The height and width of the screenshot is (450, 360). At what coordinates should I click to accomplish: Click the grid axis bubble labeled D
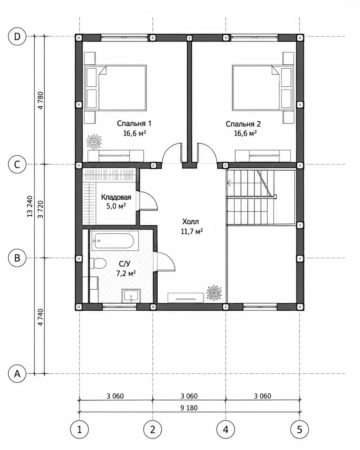[17, 37]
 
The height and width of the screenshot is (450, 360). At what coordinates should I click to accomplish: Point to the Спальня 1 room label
[134, 124]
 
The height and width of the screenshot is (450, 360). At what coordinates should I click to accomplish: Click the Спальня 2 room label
[243, 124]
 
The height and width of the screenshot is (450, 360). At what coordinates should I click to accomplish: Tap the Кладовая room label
[116, 197]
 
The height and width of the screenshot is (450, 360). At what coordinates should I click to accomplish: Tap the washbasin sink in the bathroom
[131, 296]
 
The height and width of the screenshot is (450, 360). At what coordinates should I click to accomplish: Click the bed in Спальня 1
[116, 88]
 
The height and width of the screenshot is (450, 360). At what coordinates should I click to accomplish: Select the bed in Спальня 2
[262, 88]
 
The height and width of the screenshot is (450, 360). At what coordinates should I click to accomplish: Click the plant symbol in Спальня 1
[94, 142]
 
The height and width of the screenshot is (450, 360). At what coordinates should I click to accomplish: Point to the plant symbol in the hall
[214, 293]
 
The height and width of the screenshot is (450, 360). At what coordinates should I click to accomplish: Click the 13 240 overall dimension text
[30, 206]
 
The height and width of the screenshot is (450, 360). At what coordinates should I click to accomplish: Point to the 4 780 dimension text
[40, 100]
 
